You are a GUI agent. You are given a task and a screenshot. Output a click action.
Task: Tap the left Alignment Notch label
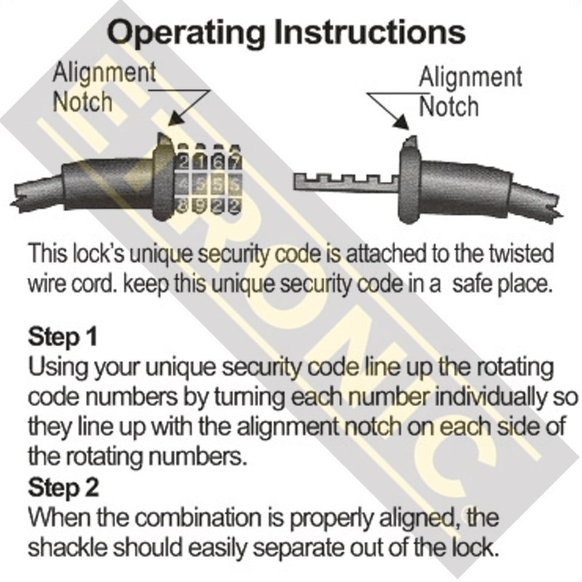point(104,87)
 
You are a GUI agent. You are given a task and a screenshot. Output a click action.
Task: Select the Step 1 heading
point(62,338)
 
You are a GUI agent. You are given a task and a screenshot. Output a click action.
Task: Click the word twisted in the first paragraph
point(519,254)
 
